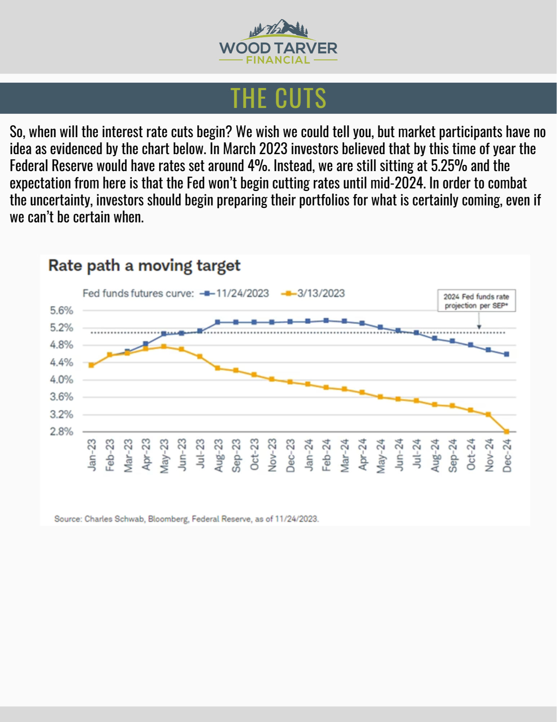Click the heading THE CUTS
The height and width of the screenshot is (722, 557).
click(278, 98)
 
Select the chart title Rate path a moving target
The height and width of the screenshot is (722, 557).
click(144, 266)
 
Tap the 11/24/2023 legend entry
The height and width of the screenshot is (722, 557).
click(235, 293)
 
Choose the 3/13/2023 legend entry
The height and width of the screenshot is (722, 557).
click(314, 293)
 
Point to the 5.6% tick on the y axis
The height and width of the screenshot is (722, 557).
click(62, 310)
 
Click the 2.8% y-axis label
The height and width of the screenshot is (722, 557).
click(62, 432)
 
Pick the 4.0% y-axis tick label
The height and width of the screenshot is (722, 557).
click(62, 380)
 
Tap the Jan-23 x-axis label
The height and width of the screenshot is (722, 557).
click(92, 455)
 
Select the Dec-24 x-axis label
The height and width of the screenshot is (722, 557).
click(507, 455)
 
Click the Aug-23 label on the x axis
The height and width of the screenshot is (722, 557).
click(218, 455)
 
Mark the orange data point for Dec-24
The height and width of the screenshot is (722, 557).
click(507, 431)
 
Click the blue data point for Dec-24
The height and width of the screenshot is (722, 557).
click(507, 354)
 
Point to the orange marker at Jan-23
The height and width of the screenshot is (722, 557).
click(91, 365)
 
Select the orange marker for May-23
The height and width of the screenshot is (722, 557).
click(164, 347)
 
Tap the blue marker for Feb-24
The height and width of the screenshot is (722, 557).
click(326, 320)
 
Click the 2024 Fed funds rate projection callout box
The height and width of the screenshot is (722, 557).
click(476, 301)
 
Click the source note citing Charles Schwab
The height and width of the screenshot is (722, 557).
click(186, 519)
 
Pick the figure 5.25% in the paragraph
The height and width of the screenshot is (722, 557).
click(449, 166)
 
